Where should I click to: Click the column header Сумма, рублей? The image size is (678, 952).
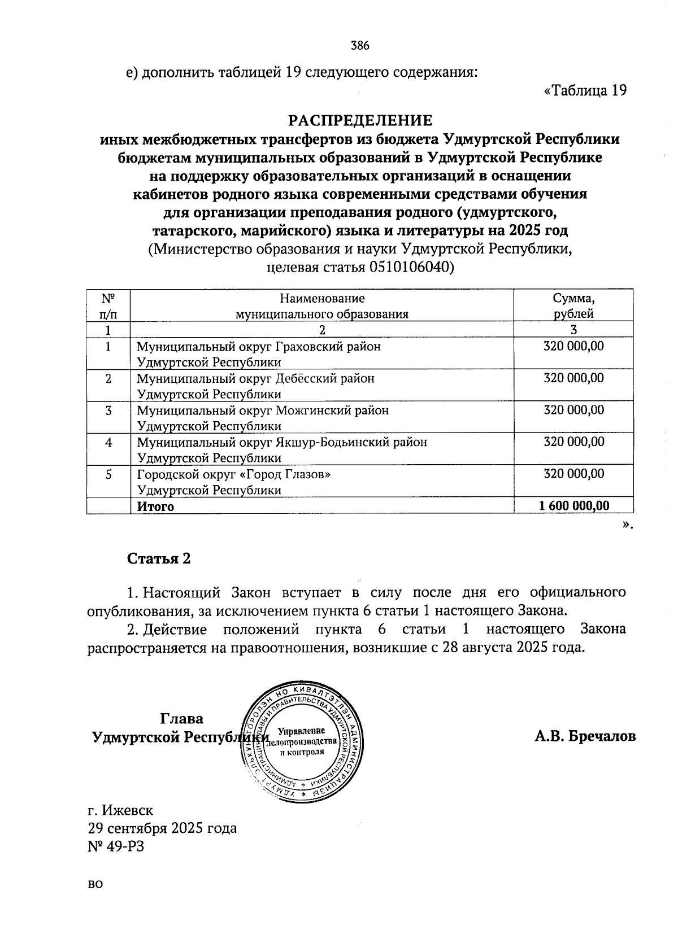point(573,305)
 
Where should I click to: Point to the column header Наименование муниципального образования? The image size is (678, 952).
point(321,305)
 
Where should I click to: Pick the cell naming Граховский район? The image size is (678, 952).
point(259,353)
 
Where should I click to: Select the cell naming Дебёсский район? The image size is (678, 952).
point(255,386)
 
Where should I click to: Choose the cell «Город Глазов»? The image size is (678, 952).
point(234,482)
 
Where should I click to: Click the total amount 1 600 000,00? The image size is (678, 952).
point(575,506)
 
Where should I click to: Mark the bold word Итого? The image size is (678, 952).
point(155,506)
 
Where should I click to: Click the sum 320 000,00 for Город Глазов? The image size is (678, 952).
point(573,474)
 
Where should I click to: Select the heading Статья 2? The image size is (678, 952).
point(159,558)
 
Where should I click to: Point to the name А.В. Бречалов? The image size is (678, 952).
point(585,736)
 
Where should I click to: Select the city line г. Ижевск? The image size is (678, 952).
point(120,810)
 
